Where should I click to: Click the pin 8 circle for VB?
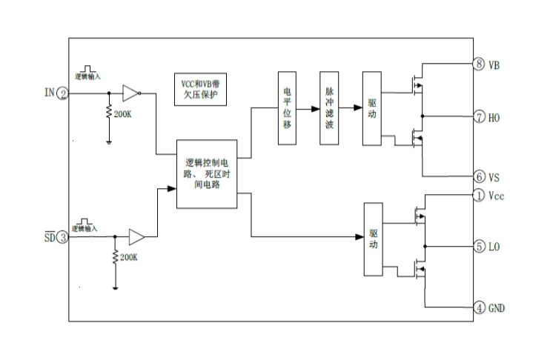tap(479, 64)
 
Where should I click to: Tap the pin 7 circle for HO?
tap(479, 117)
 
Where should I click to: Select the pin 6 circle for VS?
tap(479, 177)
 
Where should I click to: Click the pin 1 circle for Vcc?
tap(479, 196)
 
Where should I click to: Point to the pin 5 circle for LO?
tap(479, 246)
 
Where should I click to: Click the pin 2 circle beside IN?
tap(64, 93)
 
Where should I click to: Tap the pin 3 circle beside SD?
tap(64, 237)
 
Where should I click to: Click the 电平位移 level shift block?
tap(288, 107)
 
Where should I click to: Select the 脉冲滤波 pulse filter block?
tap(328, 107)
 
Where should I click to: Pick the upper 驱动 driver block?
tap(371, 107)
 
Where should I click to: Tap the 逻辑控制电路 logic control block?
tap(207, 173)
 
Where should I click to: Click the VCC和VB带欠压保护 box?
tap(199, 90)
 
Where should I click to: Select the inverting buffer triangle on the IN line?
tap(130, 93)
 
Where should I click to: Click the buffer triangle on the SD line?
tap(137, 237)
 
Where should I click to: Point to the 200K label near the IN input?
tap(123, 115)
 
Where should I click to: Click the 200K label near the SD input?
tap(129, 259)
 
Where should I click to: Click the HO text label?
tap(495, 117)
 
